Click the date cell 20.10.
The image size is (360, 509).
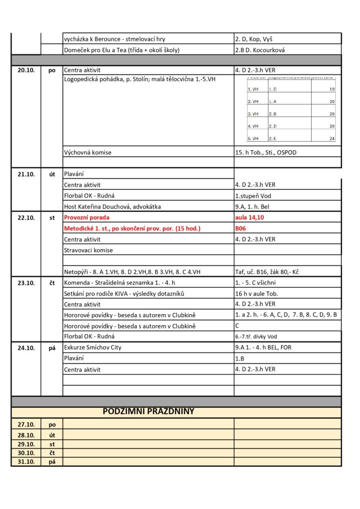pyautogui.click(x=26, y=71)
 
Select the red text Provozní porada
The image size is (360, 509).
pyautogui.click(x=87, y=218)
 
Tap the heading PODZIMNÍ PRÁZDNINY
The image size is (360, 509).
pyautogui.click(x=148, y=412)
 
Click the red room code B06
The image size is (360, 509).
pyautogui.click(x=241, y=229)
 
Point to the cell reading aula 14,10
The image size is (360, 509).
pyautogui.click(x=249, y=218)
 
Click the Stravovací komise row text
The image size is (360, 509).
pyautogui.click(x=89, y=250)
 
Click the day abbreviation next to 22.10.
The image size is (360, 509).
pyautogui.click(x=52, y=218)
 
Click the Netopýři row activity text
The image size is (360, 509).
pyautogui.click(x=135, y=272)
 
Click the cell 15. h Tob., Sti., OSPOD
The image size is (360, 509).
pyautogui.click(x=266, y=152)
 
